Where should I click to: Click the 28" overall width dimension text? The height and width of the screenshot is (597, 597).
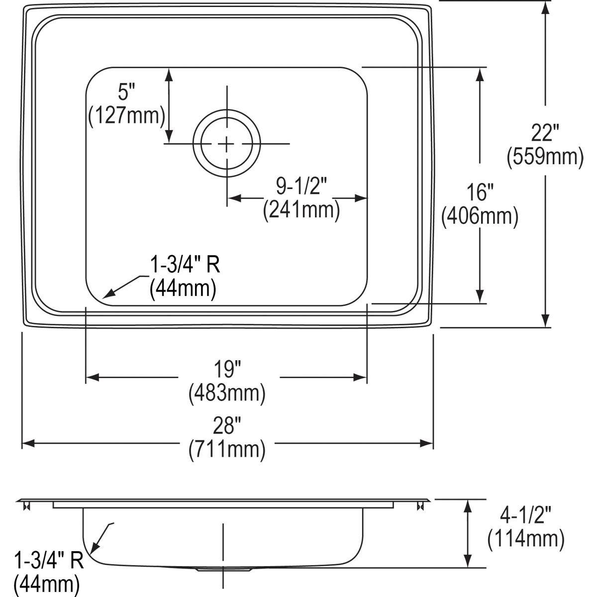[x=227, y=427]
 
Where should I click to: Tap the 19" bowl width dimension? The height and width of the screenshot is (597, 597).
[x=227, y=370]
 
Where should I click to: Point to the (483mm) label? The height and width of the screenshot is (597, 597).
[x=227, y=394]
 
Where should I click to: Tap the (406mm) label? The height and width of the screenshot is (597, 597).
[x=480, y=216]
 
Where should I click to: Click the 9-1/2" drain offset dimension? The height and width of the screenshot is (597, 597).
[x=301, y=186]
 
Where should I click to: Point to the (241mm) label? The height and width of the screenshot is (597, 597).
[x=301, y=209]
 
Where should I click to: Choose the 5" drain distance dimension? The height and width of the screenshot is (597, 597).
[x=126, y=92]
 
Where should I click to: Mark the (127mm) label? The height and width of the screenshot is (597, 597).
[x=126, y=116]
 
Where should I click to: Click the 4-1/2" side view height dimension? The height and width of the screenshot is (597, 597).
[x=526, y=514]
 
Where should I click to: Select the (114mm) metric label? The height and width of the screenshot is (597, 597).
[x=526, y=538]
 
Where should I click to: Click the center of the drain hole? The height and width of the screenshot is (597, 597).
[x=227, y=144]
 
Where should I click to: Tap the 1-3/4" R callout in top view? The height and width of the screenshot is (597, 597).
[x=185, y=266]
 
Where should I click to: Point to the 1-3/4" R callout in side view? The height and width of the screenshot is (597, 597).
[x=49, y=561]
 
